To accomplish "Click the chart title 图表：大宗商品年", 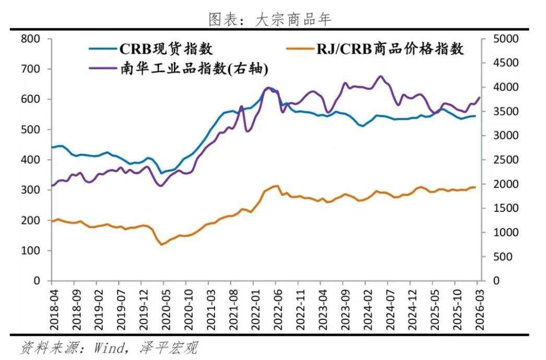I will pyautogui.click(x=270, y=20).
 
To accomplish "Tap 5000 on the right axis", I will pyautogui.click(x=504, y=39).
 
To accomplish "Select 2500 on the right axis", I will pyautogui.click(x=504, y=160).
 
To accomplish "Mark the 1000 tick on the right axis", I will pyautogui.click(x=504, y=233).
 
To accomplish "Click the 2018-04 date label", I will pyautogui.click(x=52, y=308).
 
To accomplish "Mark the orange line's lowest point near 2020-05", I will pyautogui.click(x=161, y=244).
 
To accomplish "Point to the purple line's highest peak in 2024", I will pyautogui.click(x=380, y=76).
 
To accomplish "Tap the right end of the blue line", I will pyautogui.click(x=475, y=116).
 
